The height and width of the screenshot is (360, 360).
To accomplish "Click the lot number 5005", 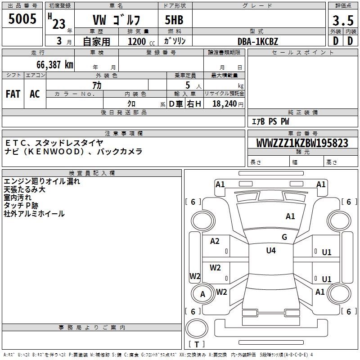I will click(22, 19).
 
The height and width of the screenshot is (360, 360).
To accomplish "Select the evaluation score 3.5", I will click(342, 21).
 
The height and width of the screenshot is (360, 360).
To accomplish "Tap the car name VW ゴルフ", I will click(117, 20).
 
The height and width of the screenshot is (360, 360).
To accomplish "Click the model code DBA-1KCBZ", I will click(258, 41).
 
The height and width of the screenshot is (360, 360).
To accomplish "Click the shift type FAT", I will click(13, 94).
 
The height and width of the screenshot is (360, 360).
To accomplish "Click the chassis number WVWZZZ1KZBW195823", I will click(302, 143).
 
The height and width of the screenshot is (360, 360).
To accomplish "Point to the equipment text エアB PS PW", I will click(270, 121).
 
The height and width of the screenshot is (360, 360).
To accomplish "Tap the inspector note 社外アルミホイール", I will click(34, 214).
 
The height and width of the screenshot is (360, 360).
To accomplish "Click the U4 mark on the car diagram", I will click(270, 251).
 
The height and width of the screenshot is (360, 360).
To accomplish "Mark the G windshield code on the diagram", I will click(284, 237).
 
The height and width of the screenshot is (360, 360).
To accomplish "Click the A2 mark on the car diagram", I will click(215, 241).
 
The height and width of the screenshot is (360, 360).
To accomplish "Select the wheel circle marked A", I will click(202, 294).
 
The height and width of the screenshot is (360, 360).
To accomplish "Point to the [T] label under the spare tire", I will click(197, 345).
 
